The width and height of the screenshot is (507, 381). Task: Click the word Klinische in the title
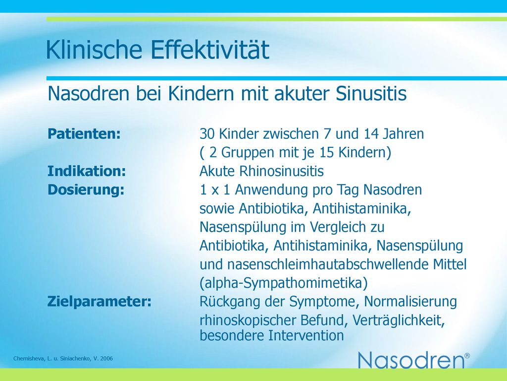coord(94,50)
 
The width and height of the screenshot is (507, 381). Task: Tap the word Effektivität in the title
coord(210,50)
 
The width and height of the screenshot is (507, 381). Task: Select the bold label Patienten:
coord(84,133)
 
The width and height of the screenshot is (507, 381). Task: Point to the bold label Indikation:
coord(87,171)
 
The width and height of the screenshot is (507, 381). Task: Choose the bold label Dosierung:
coord(86,190)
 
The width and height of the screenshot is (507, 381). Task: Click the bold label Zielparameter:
coord(99,302)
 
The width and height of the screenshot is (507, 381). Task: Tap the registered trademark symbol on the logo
coord(467,355)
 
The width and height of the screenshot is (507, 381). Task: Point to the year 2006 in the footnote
coord(107,358)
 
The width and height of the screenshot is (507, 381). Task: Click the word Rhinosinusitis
coord(282,171)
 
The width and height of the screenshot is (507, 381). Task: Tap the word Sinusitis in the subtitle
coord(371,94)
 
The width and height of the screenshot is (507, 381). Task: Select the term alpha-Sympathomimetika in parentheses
coord(284,283)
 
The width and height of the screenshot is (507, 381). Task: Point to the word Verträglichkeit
coord(399,320)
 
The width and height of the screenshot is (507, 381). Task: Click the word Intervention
coord(306,335)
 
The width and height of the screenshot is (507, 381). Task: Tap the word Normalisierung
coord(410,302)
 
